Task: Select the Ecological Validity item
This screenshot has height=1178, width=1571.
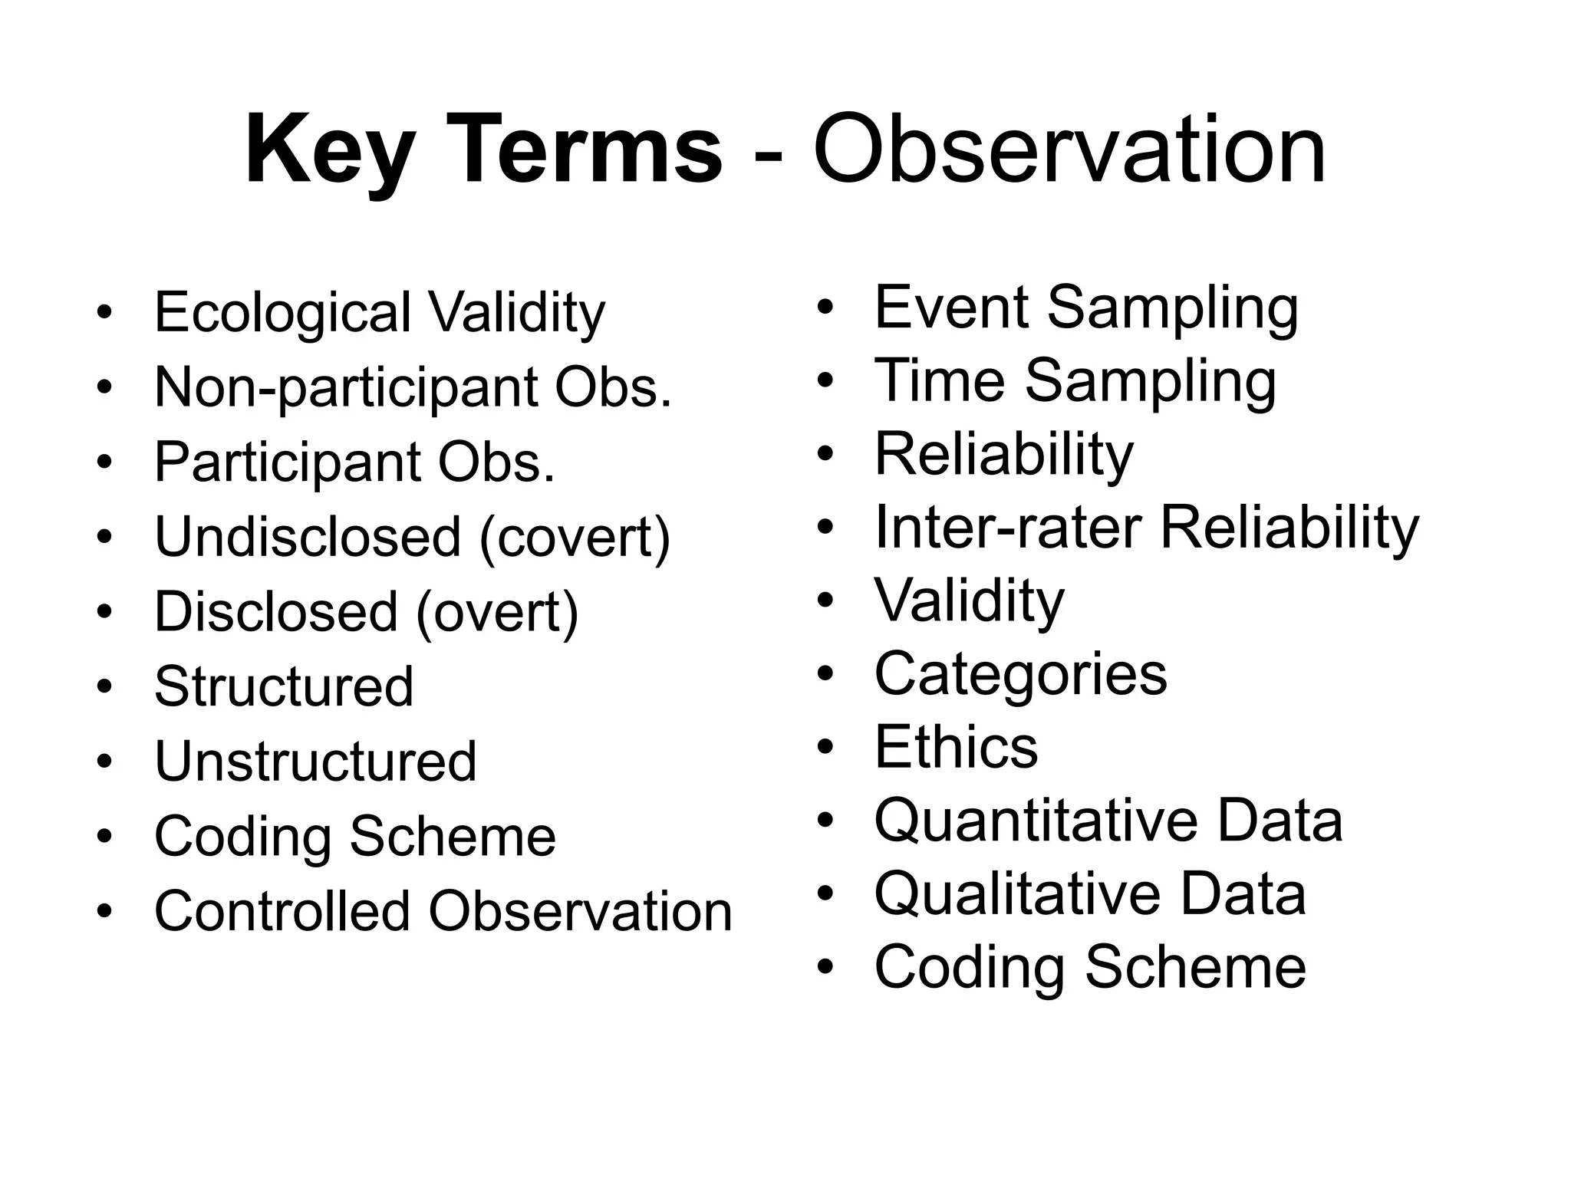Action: point(380,313)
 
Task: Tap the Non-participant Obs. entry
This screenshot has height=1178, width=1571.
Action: point(413,387)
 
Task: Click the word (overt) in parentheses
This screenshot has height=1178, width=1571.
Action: point(497,612)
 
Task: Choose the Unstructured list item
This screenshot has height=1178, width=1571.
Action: point(315,762)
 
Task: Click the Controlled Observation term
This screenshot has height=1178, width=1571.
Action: point(443,912)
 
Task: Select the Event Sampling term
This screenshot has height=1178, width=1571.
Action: point(1086,308)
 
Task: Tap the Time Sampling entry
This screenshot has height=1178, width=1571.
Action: point(1075,381)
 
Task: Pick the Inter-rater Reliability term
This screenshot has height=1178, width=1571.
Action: point(1147,528)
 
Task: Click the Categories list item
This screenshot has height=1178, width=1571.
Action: point(1020,674)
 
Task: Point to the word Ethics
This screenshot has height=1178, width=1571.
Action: point(956,747)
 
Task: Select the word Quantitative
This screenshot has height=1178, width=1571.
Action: point(1035,821)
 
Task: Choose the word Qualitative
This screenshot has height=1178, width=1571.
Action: point(1013,894)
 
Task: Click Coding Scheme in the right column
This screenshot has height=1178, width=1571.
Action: point(1090,967)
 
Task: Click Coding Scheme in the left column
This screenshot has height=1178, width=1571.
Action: point(355,837)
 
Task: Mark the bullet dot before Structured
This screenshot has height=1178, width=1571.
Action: point(104,687)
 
